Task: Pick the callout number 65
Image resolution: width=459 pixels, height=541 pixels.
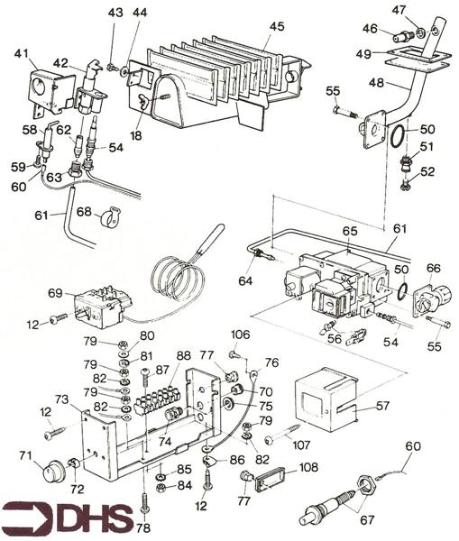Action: (x=351, y=232)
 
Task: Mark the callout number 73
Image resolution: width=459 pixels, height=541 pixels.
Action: (x=62, y=399)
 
